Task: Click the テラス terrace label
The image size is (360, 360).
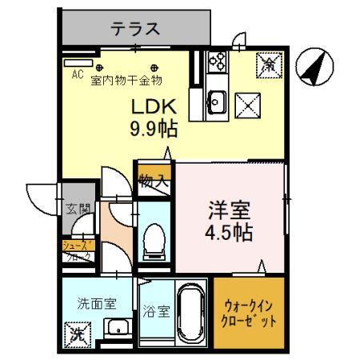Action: tap(135, 30)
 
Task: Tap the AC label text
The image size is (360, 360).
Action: tap(78, 74)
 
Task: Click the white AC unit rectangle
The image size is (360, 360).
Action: tap(79, 61)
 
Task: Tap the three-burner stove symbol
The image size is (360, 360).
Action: tap(217, 62)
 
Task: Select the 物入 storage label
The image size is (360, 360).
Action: tap(154, 180)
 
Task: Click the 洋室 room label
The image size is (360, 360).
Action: tap(230, 211)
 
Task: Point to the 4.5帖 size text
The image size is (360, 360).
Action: tap(230, 233)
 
